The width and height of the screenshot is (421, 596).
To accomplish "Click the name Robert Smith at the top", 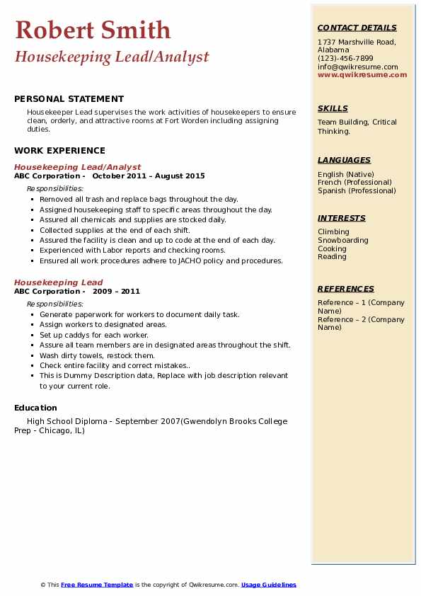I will coord(93,30).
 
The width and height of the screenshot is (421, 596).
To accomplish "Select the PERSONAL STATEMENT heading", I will coord(69,99).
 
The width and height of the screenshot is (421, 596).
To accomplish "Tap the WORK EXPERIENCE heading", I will coord(59,150).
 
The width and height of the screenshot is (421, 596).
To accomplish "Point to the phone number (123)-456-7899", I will coord(345,59).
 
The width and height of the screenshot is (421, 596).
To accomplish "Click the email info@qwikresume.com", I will coord(357,67).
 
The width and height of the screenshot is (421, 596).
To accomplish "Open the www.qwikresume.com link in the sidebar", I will coord(362,74).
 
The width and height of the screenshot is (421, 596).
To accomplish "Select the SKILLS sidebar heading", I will coord(333,108).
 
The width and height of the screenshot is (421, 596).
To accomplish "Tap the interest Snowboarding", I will coord(343,240).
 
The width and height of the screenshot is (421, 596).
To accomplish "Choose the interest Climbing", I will coord(333,231).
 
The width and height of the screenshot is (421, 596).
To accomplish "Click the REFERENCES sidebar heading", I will coord(346,289).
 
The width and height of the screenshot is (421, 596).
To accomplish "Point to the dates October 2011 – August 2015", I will coord(148,176).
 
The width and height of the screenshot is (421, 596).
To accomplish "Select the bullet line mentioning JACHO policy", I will coord(161,260).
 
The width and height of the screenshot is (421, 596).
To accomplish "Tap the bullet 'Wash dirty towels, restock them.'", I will coord(97,355).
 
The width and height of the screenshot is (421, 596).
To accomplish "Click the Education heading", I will coord(35,407).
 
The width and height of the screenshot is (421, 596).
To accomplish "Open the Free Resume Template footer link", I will coord(97,585).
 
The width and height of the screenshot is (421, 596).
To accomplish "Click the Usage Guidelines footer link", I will coord(269,585).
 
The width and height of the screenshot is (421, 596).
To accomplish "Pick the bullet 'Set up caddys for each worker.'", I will coord(94,335).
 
